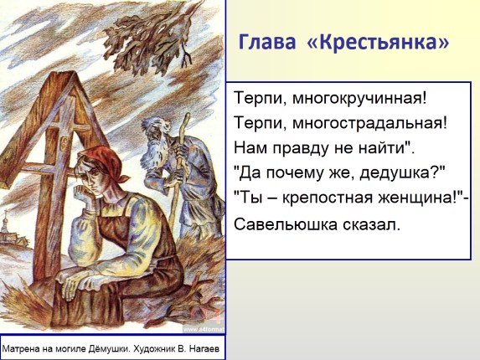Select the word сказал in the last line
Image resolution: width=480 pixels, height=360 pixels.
368,224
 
